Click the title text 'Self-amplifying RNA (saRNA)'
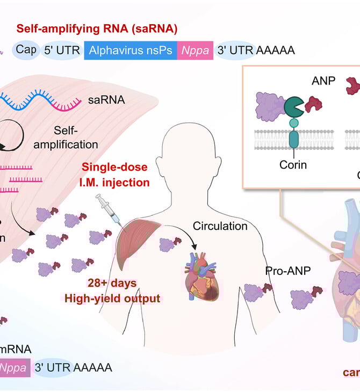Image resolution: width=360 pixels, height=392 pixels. pyautogui.click(x=97, y=29)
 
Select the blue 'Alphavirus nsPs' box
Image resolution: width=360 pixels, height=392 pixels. pyautogui.click(x=131, y=50)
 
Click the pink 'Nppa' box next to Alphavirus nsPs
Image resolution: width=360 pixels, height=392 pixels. pyautogui.click(x=195, y=50)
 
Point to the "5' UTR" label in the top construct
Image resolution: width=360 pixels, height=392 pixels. pyautogui.click(x=61, y=50)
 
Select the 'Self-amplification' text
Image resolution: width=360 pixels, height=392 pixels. pyautogui.click(x=76, y=137)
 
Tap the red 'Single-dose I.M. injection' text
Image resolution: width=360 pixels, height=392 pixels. pyautogui.click(x=119, y=175)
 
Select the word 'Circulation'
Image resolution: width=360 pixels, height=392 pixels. pyautogui.click(x=220, y=226)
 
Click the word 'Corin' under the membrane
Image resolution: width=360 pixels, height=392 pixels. pyautogui.click(x=293, y=164)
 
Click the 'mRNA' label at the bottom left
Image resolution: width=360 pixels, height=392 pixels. pyautogui.click(x=16, y=349)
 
